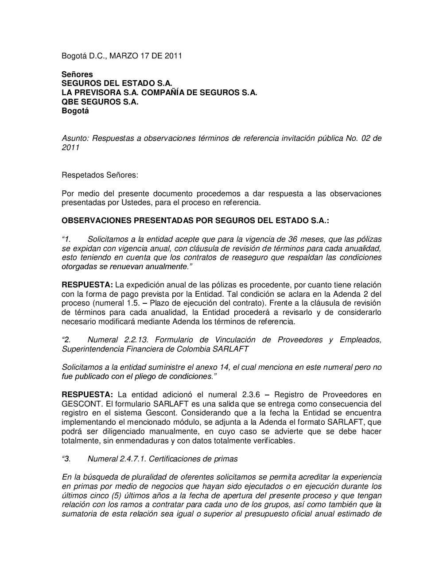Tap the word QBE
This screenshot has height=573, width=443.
coord(70,102)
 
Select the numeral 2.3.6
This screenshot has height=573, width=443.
coord(254,395)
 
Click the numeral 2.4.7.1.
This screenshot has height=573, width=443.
coord(132,459)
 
